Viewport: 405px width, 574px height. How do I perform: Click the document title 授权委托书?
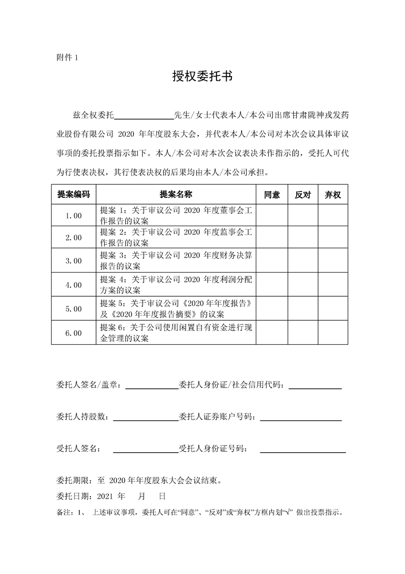click(202, 77)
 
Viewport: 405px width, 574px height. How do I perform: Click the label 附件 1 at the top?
click(67, 57)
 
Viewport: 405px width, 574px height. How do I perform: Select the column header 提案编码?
click(74, 194)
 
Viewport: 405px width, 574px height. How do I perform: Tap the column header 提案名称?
click(176, 194)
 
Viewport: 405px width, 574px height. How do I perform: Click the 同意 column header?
click(272, 195)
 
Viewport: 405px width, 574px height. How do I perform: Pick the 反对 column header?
click(303, 195)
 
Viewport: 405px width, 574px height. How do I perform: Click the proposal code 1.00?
click(74, 216)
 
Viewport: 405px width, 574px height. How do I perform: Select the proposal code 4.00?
click(74, 285)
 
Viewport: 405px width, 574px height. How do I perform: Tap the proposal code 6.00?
click(74, 333)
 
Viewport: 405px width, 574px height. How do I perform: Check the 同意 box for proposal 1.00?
click(272, 216)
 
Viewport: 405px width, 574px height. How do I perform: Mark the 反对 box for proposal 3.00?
click(303, 261)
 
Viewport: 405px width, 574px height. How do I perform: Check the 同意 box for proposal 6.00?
click(272, 333)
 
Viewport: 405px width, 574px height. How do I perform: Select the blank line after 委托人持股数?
click(145, 420)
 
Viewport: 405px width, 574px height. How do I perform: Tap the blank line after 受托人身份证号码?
click(302, 451)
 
